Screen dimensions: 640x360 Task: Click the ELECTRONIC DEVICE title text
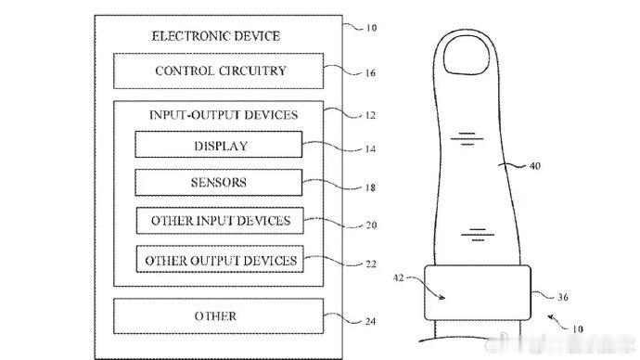pos(216,36)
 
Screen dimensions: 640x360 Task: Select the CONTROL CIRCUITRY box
pos(218,71)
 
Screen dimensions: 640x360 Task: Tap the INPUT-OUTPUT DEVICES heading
pos(224,115)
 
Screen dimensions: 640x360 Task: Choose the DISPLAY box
pos(219,144)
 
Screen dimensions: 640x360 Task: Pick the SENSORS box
pos(219,183)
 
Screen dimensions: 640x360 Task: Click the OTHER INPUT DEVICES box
pos(220,221)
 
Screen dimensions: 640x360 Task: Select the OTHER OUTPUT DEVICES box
pos(220,259)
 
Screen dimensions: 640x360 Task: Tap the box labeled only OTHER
pos(218,315)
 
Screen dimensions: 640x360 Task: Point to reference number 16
pos(370,73)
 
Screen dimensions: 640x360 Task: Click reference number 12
pos(370,115)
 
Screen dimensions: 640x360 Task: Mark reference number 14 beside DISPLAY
pos(370,149)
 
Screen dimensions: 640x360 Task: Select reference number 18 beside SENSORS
pos(370,187)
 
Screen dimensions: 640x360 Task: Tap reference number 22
pos(371,264)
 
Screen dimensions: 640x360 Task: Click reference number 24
pos(370,322)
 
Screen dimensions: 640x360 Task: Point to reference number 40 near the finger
pos(534,166)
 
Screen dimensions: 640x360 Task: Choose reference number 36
pos(563,297)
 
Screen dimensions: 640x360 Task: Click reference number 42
pos(398,278)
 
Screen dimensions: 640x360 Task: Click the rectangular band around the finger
pos(478,292)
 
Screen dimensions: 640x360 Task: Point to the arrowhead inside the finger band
pos(442,298)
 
